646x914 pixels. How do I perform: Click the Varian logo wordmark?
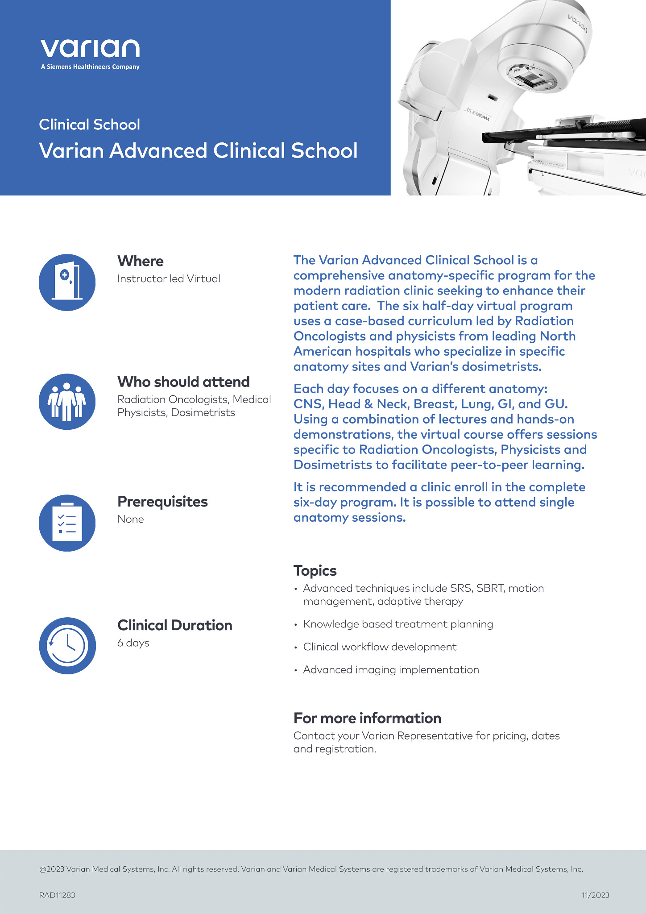pyautogui.click(x=90, y=48)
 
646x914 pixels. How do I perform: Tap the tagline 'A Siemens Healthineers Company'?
pyautogui.click(x=90, y=67)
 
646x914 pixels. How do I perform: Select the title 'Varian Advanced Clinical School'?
pyautogui.click(x=198, y=151)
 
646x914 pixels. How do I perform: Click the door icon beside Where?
pyautogui.click(x=67, y=283)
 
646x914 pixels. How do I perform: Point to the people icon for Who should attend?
pyautogui.click(x=67, y=402)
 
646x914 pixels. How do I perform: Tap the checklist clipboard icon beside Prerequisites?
pyautogui.click(x=67, y=523)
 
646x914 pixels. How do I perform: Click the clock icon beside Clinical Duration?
pyautogui.click(x=67, y=645)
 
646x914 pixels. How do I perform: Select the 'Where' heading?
pyautogui.click(x=140, y=261)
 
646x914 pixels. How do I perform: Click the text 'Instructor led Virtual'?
pyautogui.click(x=169, y=279)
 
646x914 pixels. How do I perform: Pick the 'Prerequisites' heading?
pyautogui.click(x=162, y=502)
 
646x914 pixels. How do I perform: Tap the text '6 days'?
pyautogui.click(x=133, y=643)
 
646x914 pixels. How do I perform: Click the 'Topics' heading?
pyautogui.click(x=315, y=571)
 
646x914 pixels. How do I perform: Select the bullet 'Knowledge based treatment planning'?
pyautogui.click(x=398, y=624)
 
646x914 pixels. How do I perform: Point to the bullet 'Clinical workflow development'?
pyautogui.click(x=380, y=647)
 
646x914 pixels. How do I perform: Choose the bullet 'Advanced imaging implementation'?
pyautogui.click(x=391, y=670)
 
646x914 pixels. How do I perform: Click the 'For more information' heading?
pyautogui.click(x=367, y=718)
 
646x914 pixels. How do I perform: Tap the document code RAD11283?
pyautogui.click(x=57, y=895)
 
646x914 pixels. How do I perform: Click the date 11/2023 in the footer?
pyautogui.click(x=595, y=895)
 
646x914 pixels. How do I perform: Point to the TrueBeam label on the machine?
pyautogui.click(x=477, y=114)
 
